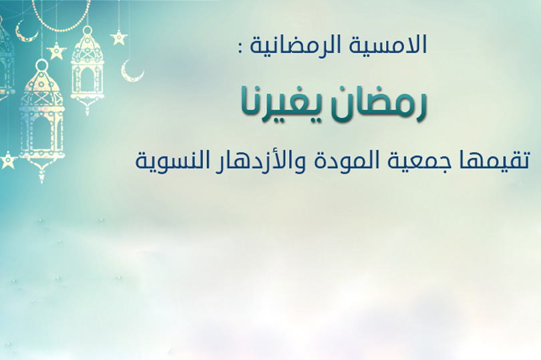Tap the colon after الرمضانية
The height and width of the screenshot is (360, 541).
[x=240, y=48]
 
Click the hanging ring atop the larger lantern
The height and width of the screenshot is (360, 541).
[x=41, y=65]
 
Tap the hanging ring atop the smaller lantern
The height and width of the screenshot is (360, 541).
[x=87, y=30]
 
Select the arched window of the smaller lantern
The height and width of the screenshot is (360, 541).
[x=87, y=79]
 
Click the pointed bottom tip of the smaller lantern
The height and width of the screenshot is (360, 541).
[x=87, y=114]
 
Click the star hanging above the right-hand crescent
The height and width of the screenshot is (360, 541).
[x=119, y=37]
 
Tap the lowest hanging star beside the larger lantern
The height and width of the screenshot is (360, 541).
[x=8, y=160]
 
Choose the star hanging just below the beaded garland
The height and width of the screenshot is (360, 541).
[x=57, y=51]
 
